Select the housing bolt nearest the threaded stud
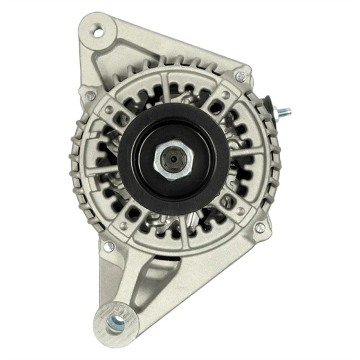click(x=241, y=76)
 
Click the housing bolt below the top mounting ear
click(x=91, y=95)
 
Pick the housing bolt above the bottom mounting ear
click(x=109, y=246)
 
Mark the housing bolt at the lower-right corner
click(x=260, y=228)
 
